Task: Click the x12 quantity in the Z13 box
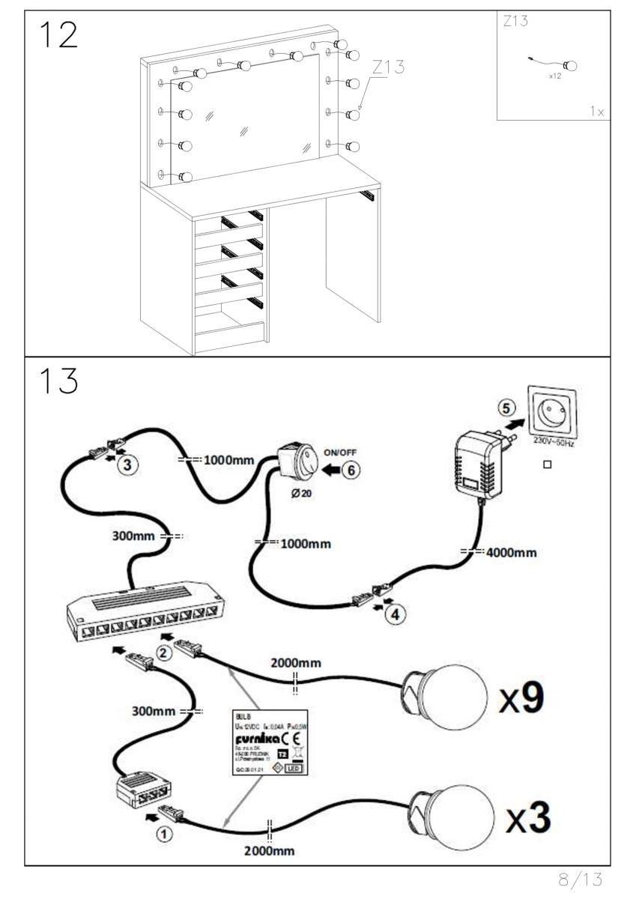click(554, 75)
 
